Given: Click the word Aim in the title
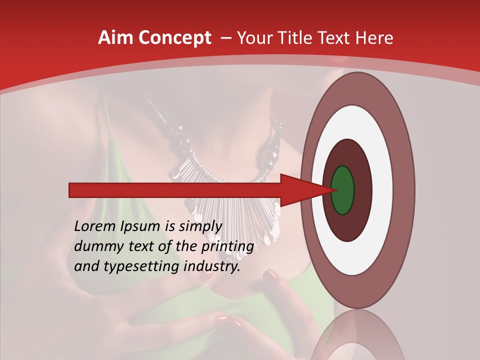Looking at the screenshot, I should point(115,38).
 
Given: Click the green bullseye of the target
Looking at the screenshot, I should point(342,190).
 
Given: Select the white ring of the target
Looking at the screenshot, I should point(382,190).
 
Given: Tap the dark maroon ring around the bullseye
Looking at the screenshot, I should point(362,190).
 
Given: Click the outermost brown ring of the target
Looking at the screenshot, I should point(405,190).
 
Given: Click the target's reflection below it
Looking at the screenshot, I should point(357,335).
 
